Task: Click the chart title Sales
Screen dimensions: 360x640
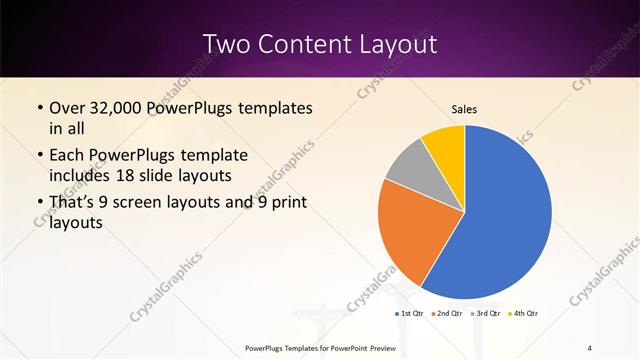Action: click(x=464, y=108)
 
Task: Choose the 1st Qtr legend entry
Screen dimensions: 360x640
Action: click(x=410, y=313)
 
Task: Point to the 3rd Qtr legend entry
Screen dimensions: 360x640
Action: click(x=485, y=313)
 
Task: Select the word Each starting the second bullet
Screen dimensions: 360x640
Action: click(x=69, y=156)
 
